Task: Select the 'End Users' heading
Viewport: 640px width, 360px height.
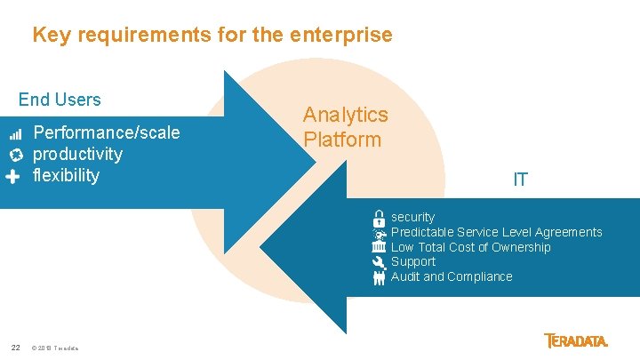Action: (x=60, y=100)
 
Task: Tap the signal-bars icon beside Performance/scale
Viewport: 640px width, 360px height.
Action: (x=15, y=134)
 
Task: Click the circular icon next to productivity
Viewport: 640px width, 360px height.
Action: (x=15, y=155)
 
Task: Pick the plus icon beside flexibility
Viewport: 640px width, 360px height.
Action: (x=12, y=176)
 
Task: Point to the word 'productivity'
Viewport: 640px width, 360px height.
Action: (x=77, y=155)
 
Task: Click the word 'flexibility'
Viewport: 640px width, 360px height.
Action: (x=66, y=175)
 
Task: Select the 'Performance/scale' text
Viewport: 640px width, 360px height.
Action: (x=106, y=133)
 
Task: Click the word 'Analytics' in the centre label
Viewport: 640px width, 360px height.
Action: (x=345, y=115)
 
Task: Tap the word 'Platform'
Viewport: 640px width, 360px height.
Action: (x=341, y=140)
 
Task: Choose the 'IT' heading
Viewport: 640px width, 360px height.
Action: (x=520, y=180)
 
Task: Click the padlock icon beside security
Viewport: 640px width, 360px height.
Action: (x=379, y=218)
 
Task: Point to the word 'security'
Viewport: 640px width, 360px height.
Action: (x=412, y=217)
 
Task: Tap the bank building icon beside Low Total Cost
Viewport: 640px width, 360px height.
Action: (x=379, y=247)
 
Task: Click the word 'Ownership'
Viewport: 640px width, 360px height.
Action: (x=520, y=247)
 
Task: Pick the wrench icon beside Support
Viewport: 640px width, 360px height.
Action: (x=379, y=262)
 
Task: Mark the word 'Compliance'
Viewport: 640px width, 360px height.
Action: (x=480, y=276)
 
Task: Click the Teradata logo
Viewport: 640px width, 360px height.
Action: (x=576, y=340)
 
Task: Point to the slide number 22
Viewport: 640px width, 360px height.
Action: (x=15, y=347)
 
